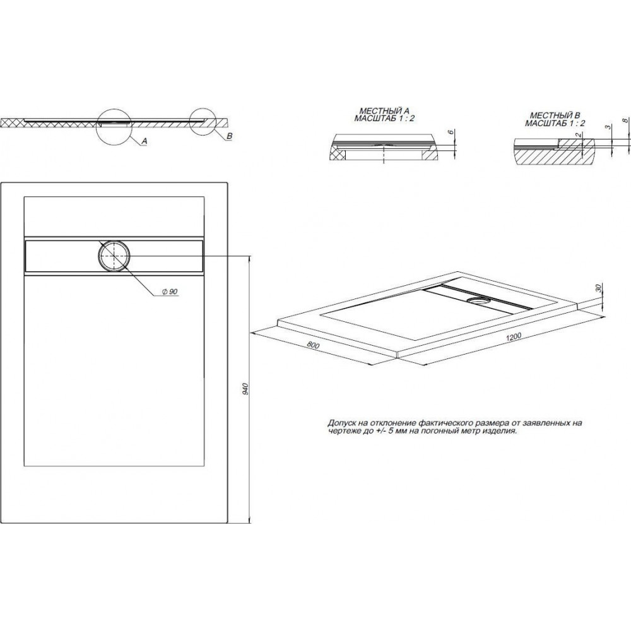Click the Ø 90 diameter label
170,292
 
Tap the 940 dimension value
246,389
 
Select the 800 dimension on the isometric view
313,345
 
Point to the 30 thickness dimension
598,288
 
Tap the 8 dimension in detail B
625,121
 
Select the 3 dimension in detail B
608,127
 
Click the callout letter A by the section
144,141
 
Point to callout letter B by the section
230,136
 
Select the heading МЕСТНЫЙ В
555,116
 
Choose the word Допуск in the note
341,423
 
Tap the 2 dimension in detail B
578,136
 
